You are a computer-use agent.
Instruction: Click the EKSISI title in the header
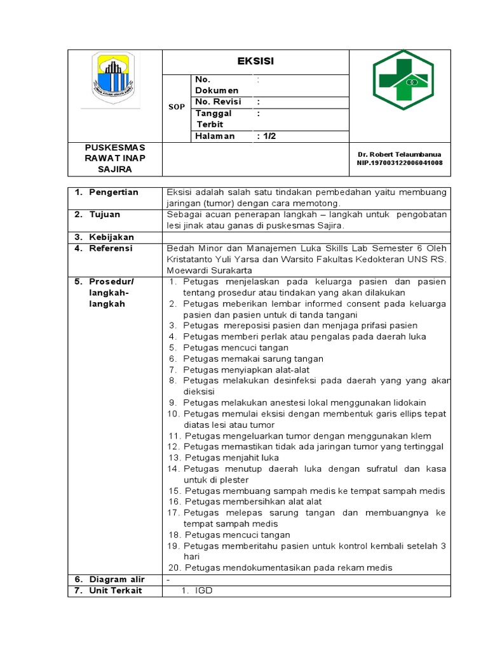255,62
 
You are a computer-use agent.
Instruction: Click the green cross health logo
405,79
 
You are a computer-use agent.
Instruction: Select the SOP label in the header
176,107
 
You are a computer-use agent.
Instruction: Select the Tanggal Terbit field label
213,119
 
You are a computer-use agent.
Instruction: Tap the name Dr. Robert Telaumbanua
400,154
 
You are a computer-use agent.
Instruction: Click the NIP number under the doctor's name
400,163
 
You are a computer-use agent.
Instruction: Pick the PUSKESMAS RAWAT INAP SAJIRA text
115,159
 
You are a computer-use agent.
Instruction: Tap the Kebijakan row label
111,237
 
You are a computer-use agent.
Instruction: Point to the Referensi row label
111,248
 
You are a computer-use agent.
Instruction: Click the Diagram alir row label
116,579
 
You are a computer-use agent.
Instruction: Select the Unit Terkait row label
115,590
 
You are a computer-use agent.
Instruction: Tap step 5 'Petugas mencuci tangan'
235,348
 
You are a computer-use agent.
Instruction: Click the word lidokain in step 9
409,402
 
